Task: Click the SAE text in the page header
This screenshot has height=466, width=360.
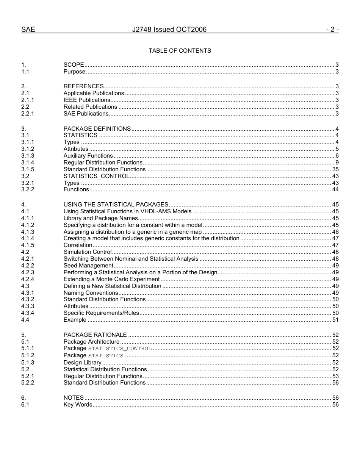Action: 28,30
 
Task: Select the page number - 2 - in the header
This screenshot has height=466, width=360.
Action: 332,30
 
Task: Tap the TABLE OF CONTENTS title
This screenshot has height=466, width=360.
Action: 180,51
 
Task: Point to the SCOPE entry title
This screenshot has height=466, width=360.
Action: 74,65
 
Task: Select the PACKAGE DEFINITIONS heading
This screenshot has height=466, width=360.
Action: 97,129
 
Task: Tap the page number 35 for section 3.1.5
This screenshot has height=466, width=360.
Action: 335,169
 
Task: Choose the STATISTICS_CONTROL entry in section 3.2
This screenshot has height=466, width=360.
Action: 96,176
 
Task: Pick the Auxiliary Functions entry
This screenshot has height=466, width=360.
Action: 88,156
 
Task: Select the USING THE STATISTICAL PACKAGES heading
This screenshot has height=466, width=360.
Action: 116,205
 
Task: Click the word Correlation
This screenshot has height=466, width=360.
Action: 78,246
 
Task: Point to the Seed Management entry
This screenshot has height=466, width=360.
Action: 88,266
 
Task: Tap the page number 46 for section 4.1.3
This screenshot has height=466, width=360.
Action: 335,232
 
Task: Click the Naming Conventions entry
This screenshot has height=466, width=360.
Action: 91,293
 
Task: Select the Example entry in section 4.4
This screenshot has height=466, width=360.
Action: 75,320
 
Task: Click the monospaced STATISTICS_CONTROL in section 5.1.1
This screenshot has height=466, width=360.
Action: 120,349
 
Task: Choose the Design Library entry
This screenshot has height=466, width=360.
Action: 82,363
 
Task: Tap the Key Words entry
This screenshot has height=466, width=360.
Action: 78,405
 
